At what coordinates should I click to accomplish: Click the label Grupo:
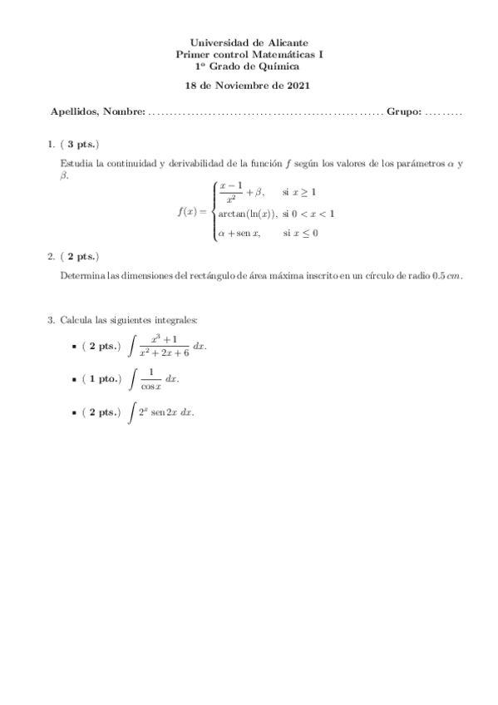coord(404,111)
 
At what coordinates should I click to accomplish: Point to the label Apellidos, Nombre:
coord(97,111)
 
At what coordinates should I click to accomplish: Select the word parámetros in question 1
coord(412,164)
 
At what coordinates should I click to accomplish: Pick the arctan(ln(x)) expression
coord(248,214)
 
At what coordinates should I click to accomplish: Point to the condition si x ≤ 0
coord(300,234)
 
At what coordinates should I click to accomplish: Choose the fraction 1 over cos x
coord(150,379)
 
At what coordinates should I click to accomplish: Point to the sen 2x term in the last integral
coord(165,412)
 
